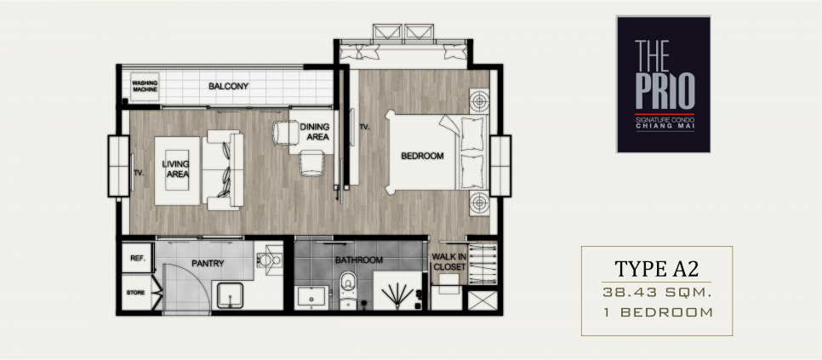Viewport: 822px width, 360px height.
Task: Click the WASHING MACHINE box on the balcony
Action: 145,86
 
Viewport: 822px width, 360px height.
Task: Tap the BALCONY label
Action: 229,86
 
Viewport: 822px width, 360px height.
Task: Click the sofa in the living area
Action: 223,170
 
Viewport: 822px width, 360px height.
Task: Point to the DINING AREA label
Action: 315,132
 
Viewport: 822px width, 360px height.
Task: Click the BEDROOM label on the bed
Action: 423,156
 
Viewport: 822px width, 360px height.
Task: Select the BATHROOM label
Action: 359,260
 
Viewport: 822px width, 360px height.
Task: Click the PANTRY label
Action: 208,263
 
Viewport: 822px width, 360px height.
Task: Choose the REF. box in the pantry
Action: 137,259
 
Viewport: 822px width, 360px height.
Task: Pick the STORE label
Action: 135,293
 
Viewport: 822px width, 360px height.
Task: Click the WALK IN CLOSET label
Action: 448,261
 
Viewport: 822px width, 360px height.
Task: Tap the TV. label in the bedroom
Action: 365,127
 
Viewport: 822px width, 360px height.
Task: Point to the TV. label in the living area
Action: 139,172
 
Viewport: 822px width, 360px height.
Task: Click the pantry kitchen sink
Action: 230,296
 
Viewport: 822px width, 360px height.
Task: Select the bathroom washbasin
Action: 311,298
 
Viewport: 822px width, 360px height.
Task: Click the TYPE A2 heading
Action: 657,268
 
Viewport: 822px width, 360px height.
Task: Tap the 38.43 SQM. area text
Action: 657,293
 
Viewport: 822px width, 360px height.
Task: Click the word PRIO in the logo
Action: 665,91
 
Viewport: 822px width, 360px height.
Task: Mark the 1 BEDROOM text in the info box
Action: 667,313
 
